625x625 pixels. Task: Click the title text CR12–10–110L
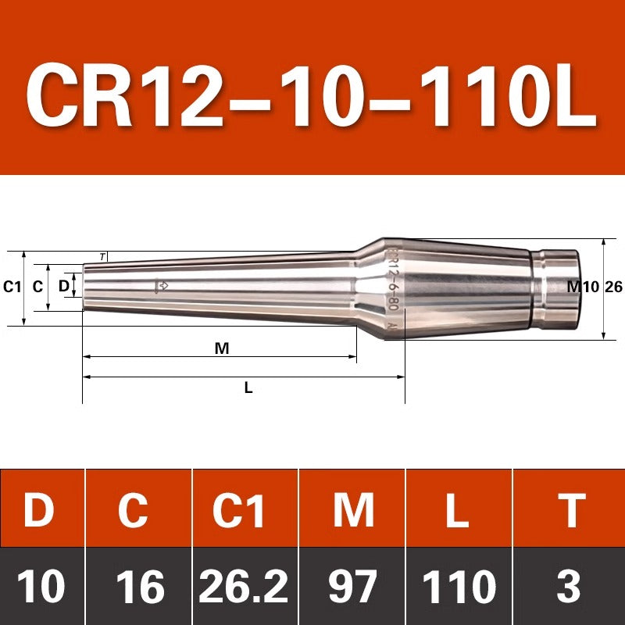(x=311, y=95)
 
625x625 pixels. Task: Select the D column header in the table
(x=39, y=510)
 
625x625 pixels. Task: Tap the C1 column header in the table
(x=238, y=510)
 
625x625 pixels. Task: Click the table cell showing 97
(x=352, y=586)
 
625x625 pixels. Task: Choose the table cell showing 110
(x=459, y=586)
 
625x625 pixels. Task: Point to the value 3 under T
(x=569, y=586)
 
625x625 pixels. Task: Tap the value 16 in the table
(x=141, y=586)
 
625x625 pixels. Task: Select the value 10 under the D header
(x=41, y=586)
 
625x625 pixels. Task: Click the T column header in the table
(x=572, y=510)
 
